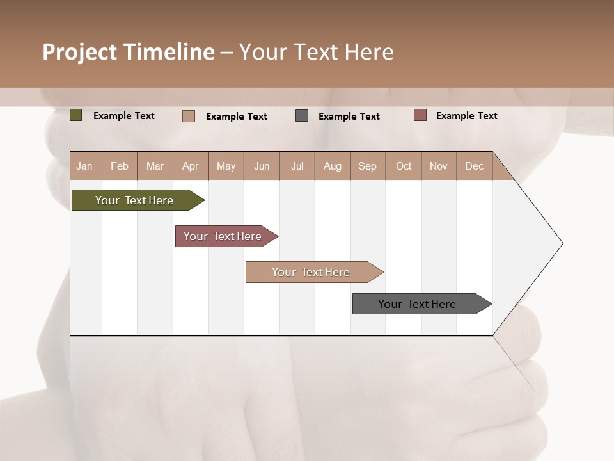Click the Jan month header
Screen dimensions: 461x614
coord(84,166)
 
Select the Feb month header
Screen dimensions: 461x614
coord(120,166)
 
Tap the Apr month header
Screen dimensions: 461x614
coord(190,166)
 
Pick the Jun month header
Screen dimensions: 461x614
coord(262,166)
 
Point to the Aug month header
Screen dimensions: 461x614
coord(332,166)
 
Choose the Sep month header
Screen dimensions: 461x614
coord(367,166)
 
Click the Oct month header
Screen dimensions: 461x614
coord(404,166)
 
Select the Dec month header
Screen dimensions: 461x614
coord(474,166)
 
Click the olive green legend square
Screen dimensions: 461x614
coord(76,115)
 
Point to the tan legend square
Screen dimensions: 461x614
coord(189,116)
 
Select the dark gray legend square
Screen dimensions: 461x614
coord(302,116)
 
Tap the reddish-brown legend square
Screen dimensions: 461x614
coord(420,115)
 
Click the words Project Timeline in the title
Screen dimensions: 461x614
coord(129,52)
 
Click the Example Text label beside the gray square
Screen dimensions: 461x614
coord(349,117)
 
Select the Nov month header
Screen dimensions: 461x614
coord(438,166)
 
